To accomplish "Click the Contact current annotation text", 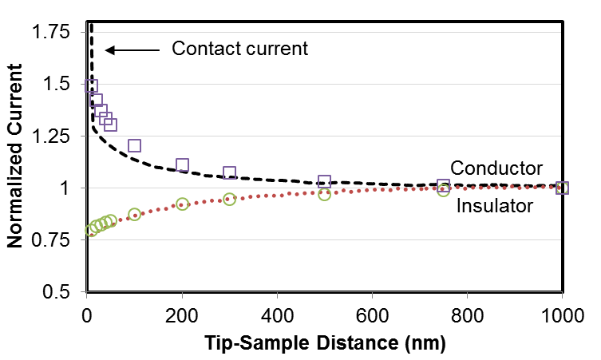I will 239,49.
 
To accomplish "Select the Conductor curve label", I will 496,168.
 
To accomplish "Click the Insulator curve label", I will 495,207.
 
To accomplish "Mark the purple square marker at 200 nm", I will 182,165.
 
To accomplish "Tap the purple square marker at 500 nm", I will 325,182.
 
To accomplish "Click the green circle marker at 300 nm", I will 230,199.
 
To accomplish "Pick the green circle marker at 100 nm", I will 134,215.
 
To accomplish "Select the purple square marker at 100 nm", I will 134,145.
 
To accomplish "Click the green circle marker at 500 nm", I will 325,194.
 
